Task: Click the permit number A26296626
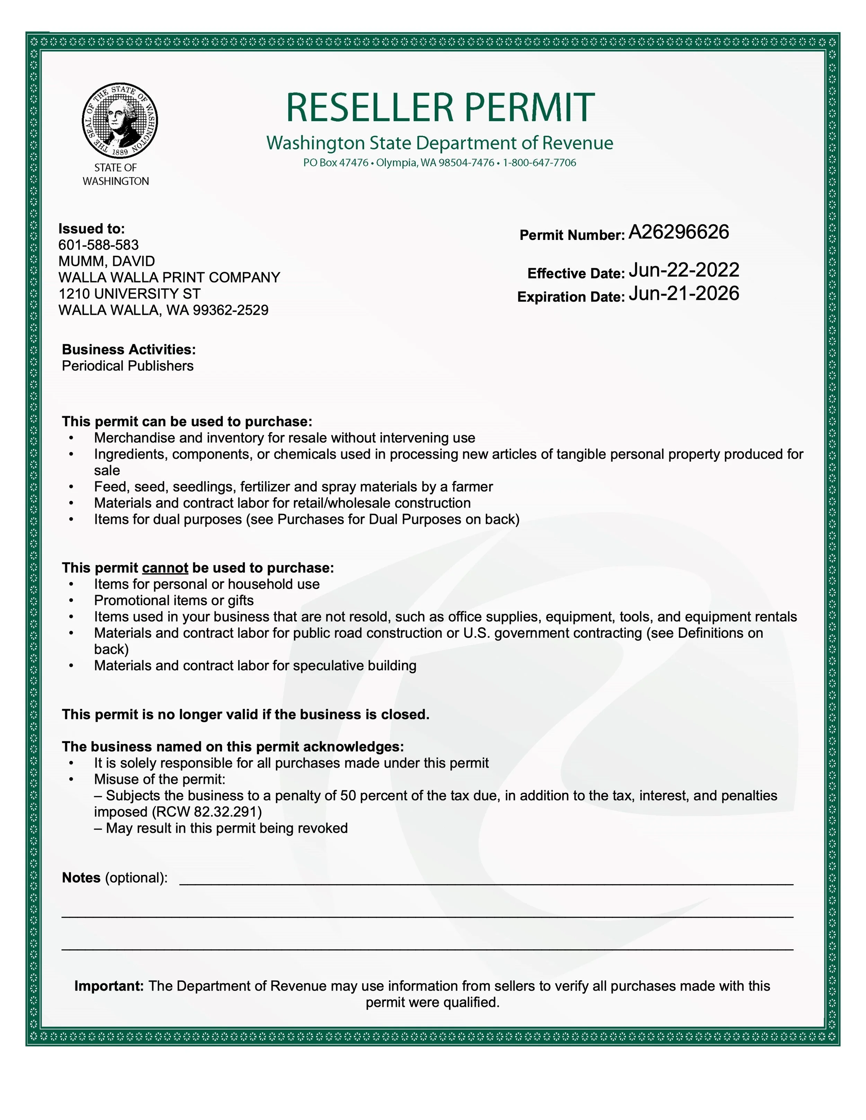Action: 678,232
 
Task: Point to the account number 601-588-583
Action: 98,245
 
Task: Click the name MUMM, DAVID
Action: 107,261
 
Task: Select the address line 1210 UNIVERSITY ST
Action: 129,294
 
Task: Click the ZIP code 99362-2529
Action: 230,310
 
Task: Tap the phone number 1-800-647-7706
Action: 539,163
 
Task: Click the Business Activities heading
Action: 129,349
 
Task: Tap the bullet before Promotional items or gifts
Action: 71,601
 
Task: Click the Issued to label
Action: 91,229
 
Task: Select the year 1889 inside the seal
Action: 120,152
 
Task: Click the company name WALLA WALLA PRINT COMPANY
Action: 169,277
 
